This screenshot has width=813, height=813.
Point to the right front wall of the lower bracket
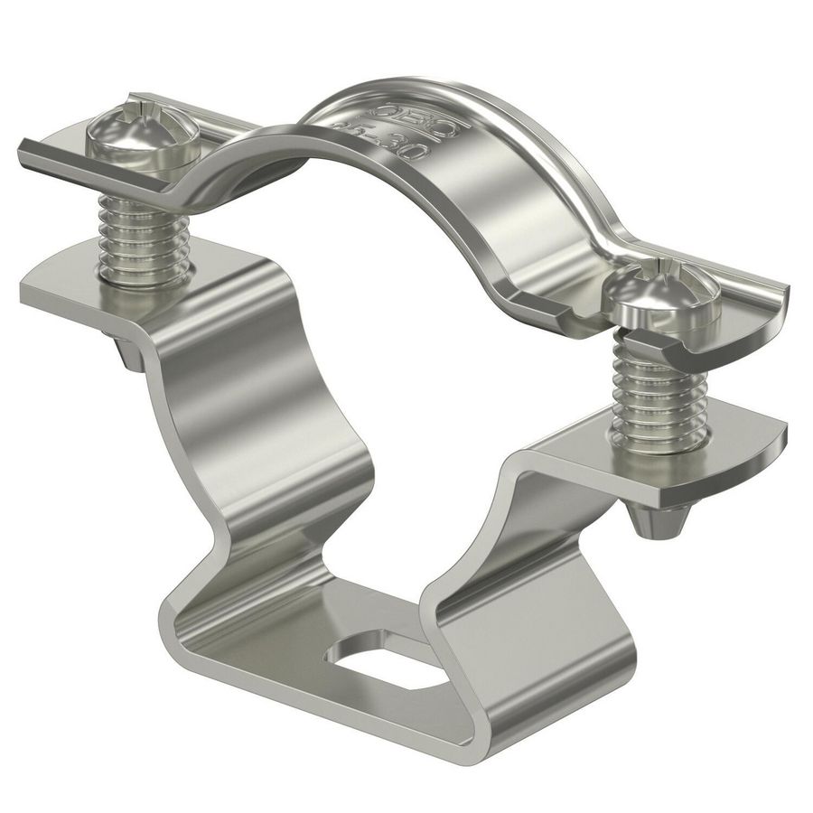pyautogui.click(x=515, y=650)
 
